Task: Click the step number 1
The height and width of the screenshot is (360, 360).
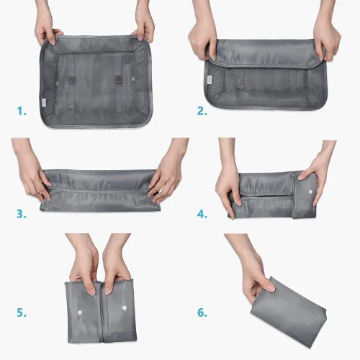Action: pos(22,111)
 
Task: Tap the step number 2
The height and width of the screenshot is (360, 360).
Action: pos(202,111)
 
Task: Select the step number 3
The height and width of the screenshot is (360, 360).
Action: pos(22,214)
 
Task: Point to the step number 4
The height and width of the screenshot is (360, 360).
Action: pos(202,214)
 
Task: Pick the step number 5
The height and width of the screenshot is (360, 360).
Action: pos(22,312)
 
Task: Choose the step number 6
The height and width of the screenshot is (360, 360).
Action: pos(202,312)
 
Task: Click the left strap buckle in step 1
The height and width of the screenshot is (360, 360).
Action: pos(71,79)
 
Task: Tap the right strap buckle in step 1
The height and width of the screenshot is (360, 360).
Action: pos(118,79)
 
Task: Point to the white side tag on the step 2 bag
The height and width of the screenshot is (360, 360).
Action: pos(210,80)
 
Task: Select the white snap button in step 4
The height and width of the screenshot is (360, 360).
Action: pos(310,192)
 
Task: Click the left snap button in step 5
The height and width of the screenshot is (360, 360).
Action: pos(79,312)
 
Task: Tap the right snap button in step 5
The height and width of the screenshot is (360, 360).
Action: pos(125,307)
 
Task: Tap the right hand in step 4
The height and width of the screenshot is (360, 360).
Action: pos(317,173)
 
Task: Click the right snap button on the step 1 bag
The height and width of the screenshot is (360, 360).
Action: pos(133,79)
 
